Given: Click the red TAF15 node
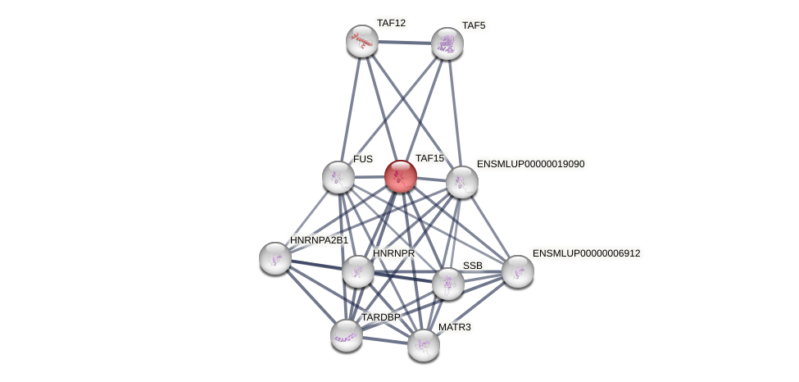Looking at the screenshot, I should coord(401,176).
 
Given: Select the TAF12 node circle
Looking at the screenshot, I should coord(361,41).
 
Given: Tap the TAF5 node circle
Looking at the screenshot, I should coord(447,43).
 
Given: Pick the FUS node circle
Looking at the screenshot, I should coord(338,177).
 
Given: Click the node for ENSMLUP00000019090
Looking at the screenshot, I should coord(462,182).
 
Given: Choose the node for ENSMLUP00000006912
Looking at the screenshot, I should coord(518,271).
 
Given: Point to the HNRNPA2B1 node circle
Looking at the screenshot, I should coord(275,258).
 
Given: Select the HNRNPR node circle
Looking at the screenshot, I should coord(358,271).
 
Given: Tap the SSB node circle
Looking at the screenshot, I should coord(448,284).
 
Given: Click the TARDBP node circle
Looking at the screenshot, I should coord(347,334).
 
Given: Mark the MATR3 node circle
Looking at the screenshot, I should coord(424,345).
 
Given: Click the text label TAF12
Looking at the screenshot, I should coord(391,23).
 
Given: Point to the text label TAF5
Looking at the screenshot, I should coord(473,25).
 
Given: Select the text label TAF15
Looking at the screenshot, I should coord(429,158).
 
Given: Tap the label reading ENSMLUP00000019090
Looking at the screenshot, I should coord(530,164).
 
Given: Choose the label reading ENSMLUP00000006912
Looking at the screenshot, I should coord(586,253).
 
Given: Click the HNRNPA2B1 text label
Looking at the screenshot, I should coord(319,240).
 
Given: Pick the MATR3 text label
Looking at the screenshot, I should coord(454,327).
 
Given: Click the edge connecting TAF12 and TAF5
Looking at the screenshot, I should coord(405,43).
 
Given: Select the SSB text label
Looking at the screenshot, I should coord(472,266).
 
